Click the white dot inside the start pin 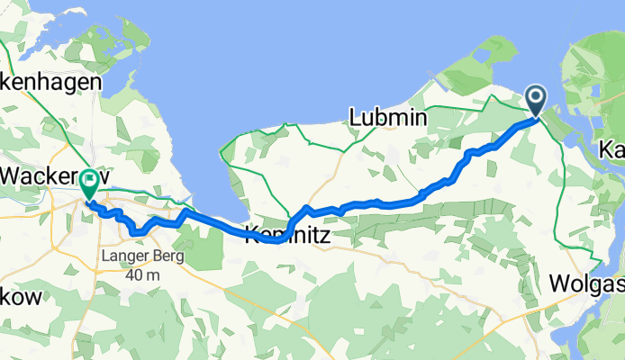(x=535, y=96)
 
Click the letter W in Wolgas (x=559, y=285)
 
